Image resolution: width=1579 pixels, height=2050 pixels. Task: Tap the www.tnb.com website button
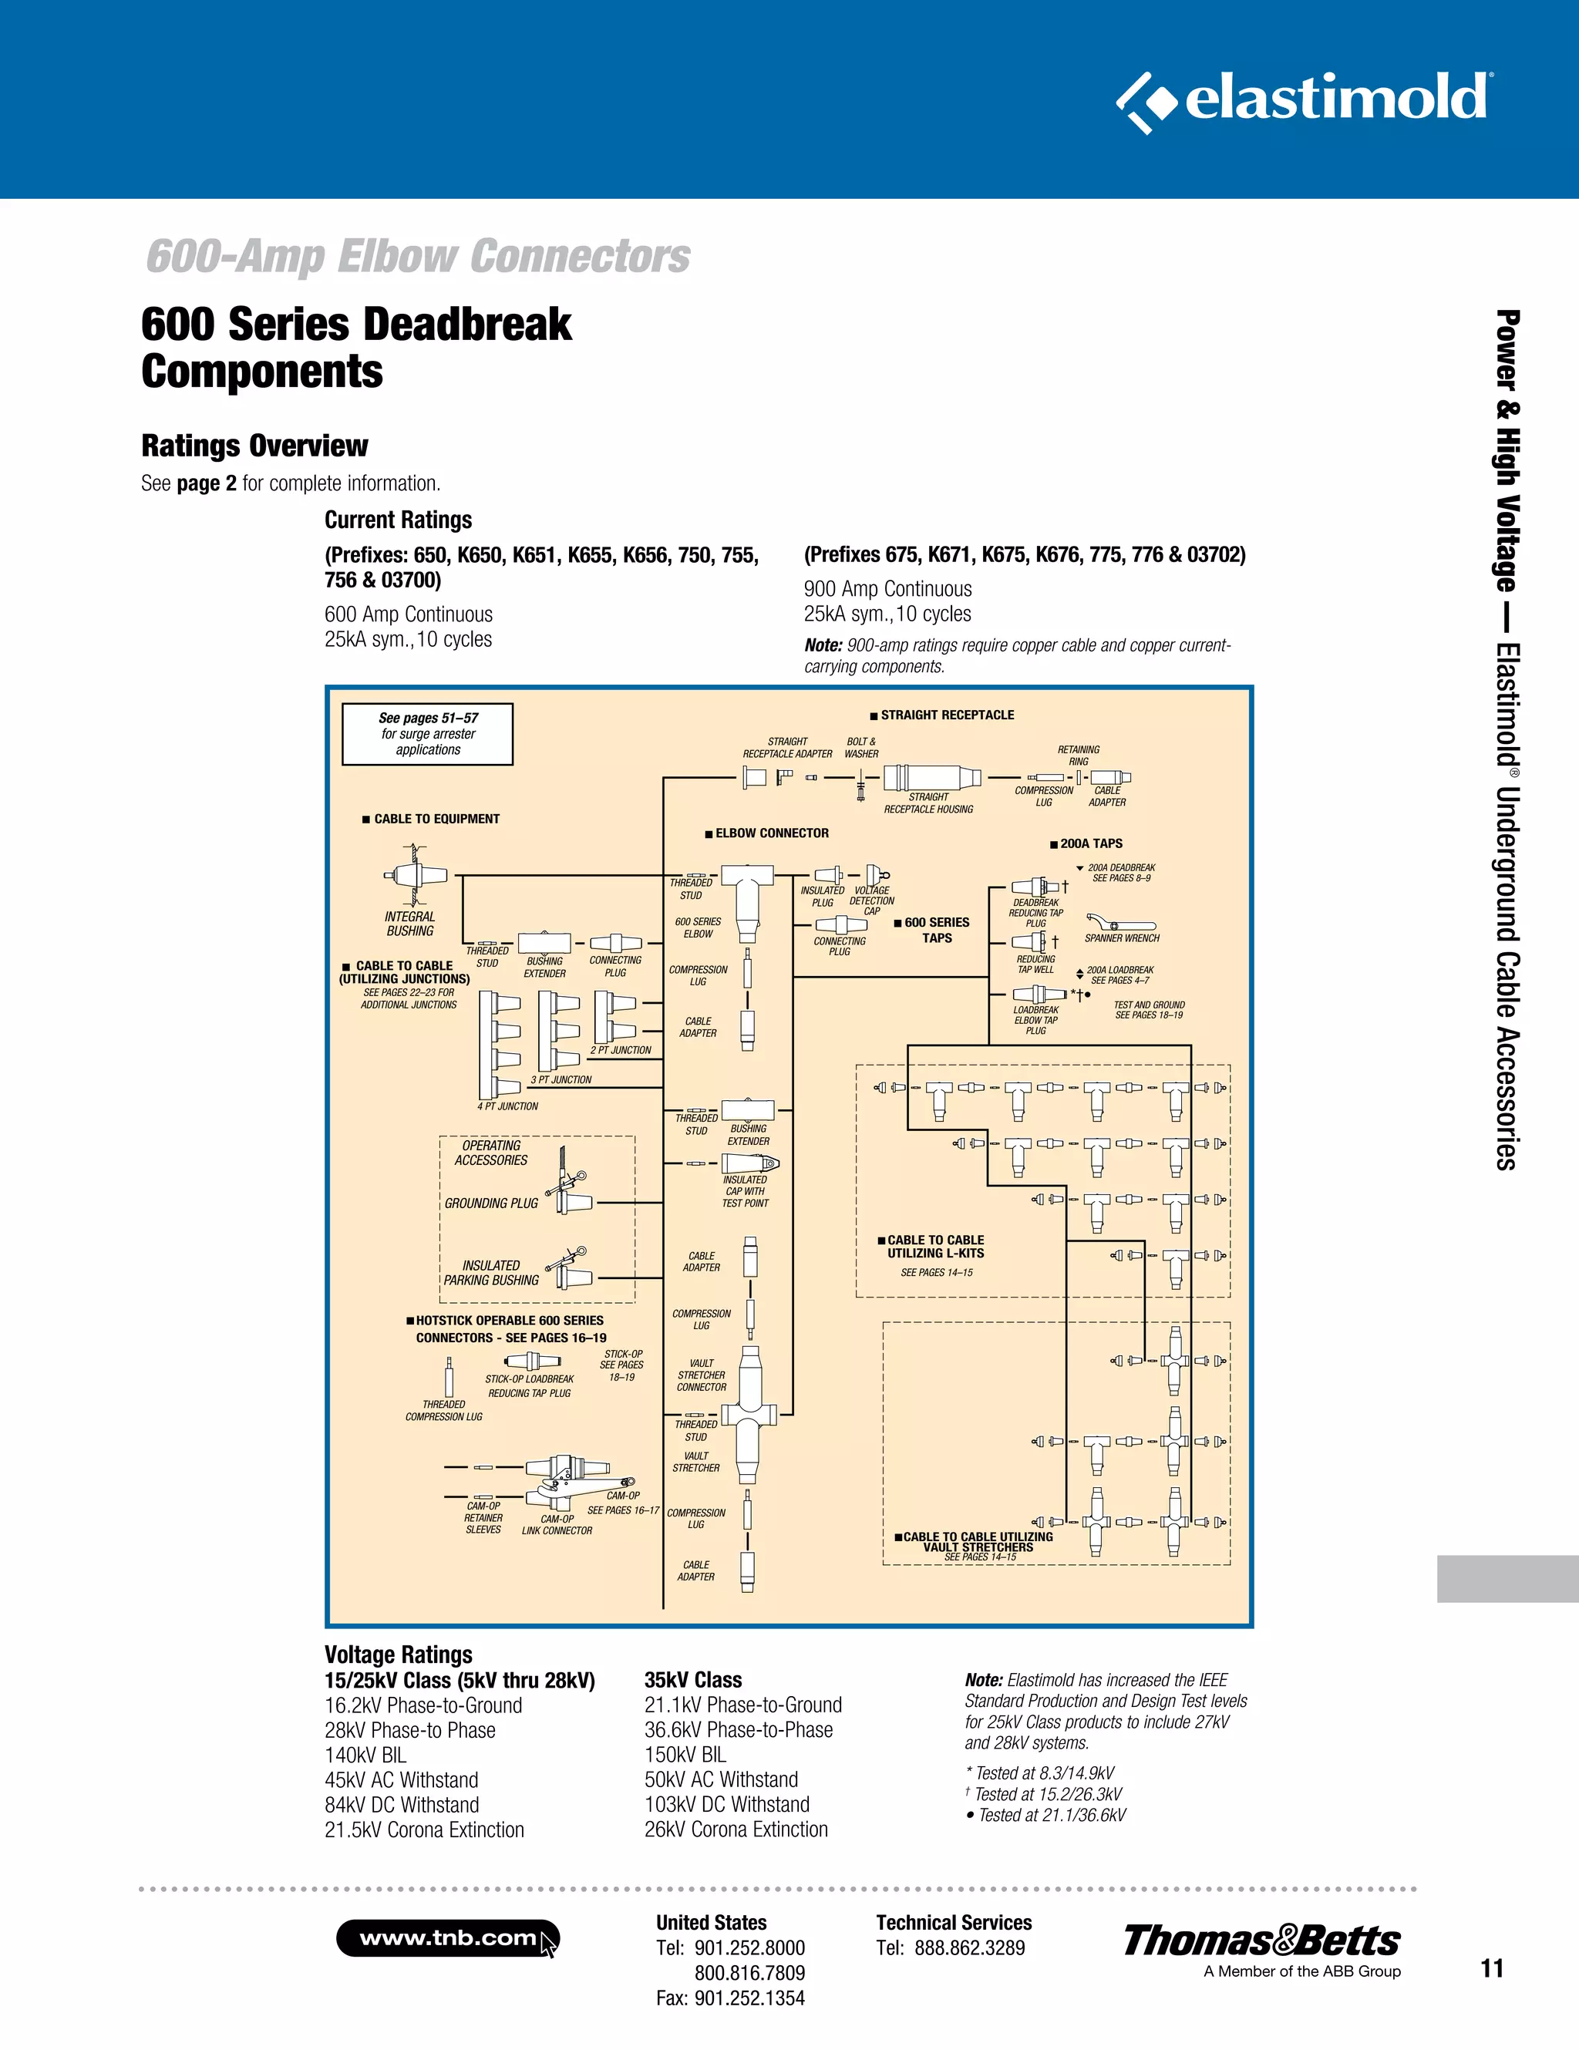tap(447, 1938)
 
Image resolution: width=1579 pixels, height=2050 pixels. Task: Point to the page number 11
tap(1492, 1968)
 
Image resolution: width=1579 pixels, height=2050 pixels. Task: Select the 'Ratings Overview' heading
tap(254, 446)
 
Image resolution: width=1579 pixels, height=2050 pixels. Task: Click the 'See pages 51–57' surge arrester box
tap(427, 734)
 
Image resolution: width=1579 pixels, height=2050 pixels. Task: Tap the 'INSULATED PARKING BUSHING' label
tap(491, 1273)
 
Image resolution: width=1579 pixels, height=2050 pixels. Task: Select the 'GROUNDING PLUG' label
tap(491, 1203)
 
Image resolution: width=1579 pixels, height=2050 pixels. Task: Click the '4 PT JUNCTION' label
tap(507, 1106)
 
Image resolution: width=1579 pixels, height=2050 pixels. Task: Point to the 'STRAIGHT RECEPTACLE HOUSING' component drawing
tap(931, 777)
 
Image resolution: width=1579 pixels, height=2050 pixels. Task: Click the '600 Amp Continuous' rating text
tap(409, 614)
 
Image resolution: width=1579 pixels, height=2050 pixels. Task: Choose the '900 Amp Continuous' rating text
tap(887, 590)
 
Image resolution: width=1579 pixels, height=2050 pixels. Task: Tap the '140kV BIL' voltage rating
tap(365, 1755)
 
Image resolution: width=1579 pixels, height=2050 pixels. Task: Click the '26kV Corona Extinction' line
tap(736, 1830)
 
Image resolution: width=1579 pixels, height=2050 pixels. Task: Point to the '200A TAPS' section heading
tap(1090, 844)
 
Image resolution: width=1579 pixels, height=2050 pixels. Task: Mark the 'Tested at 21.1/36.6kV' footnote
tap(1052, 1816)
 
